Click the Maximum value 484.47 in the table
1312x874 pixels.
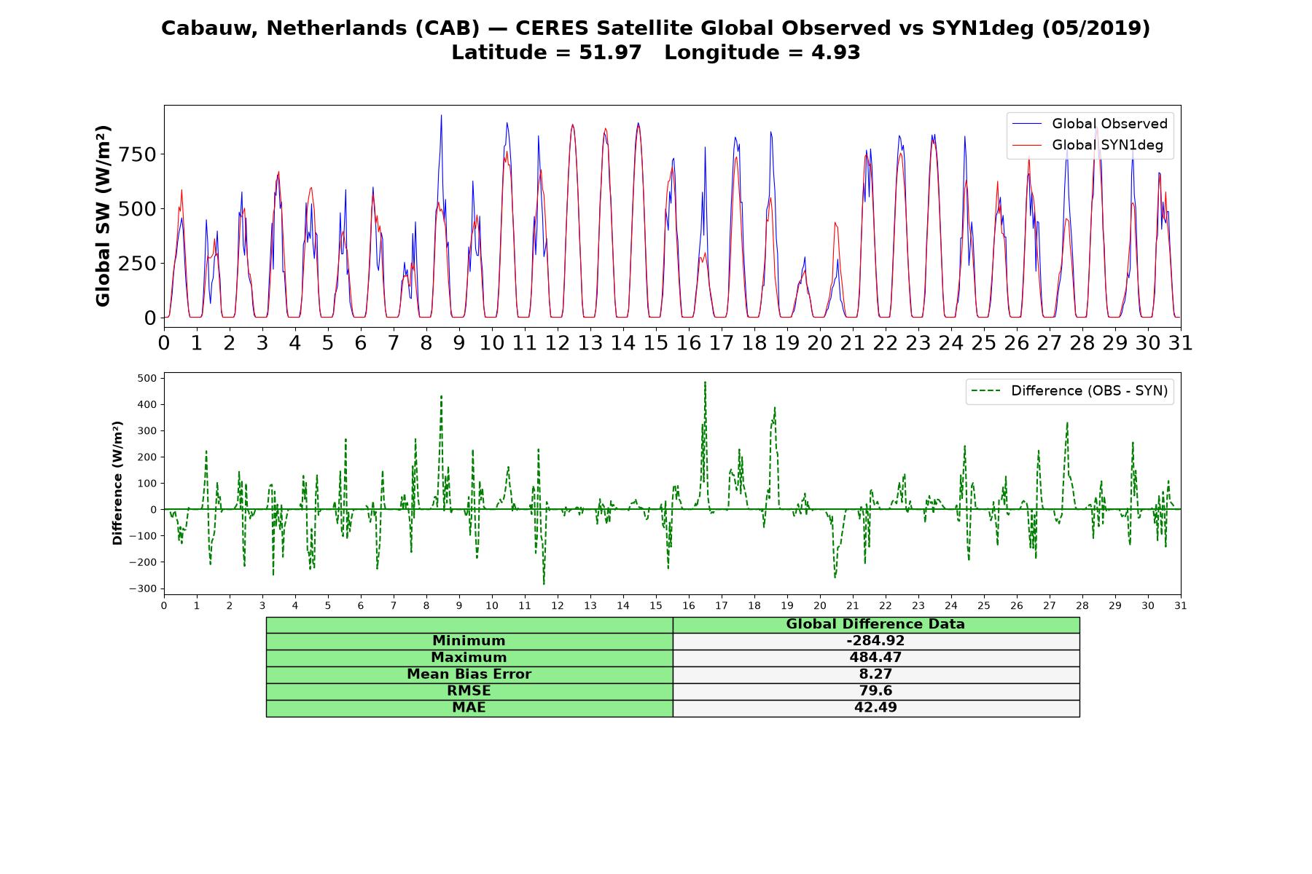coord(875,658)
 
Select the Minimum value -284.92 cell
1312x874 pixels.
coord(875,641)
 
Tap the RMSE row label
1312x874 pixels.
coord(469,691)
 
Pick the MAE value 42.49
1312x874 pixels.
coord(875,708)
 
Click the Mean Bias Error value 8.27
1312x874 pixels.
coord(875,674)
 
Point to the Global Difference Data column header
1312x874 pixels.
coord(875,624)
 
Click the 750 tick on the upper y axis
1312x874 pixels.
coord(138,154)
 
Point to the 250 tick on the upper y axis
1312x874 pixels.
coord(138,263)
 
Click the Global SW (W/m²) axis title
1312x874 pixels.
coord(103,216)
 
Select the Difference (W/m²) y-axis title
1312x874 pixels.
coord(117,483)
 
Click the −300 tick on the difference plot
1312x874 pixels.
coord(144,588)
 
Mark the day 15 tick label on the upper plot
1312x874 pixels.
coord(655,342)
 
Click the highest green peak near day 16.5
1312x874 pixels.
coord(705,382)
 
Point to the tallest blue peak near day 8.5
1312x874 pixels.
coord(441,115)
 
